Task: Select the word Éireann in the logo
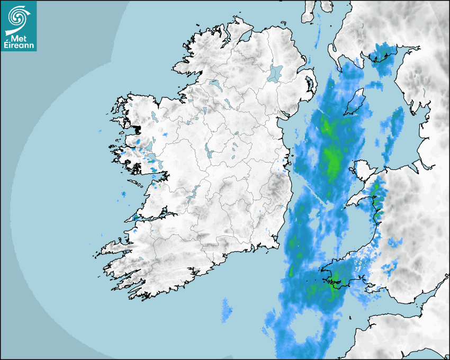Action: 20,46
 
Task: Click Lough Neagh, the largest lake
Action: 275,73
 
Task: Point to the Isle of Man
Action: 356,102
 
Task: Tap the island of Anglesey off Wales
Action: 362,172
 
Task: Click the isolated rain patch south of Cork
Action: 227,310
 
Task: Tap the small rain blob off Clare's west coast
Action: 123,195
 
